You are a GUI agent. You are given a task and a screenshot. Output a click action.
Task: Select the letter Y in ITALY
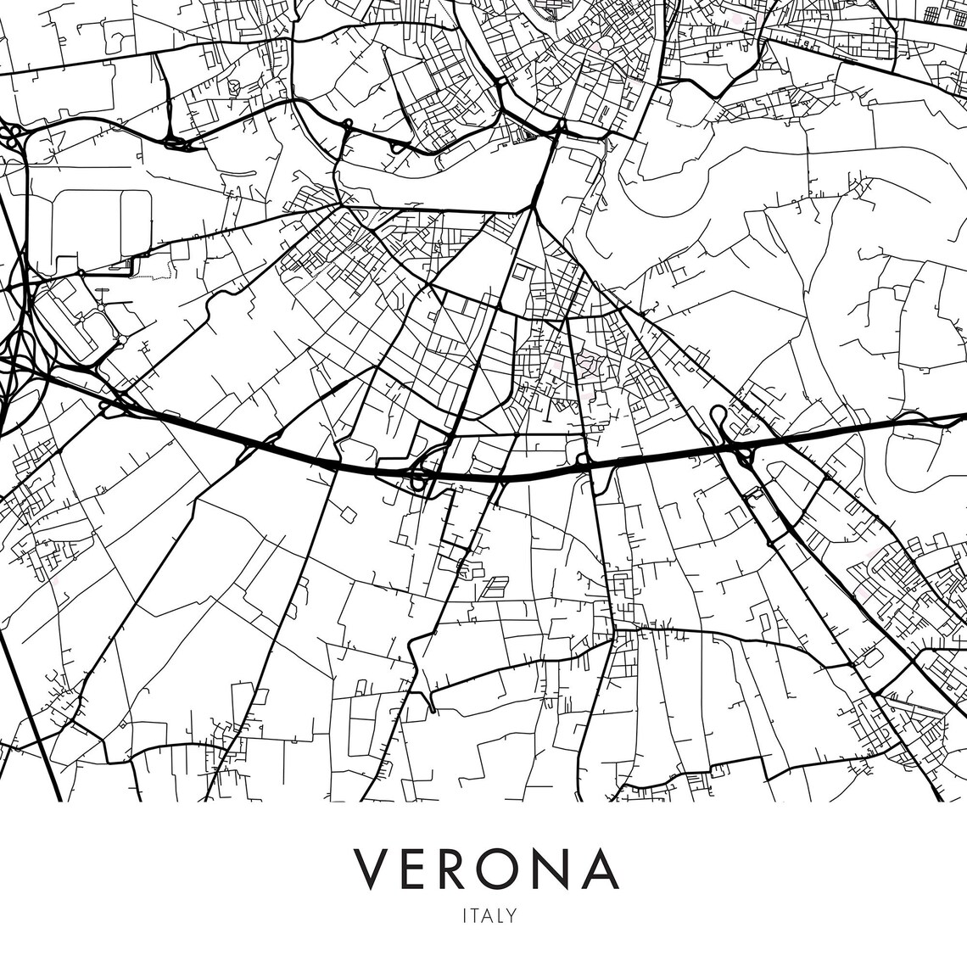click(x=511, y=915)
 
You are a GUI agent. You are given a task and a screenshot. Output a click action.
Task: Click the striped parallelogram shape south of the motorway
click(x=494, y=586)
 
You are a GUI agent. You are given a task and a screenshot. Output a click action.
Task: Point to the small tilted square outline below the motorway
click(x=348, y=513)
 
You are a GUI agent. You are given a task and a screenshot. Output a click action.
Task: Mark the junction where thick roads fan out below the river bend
click(x=534, y=206)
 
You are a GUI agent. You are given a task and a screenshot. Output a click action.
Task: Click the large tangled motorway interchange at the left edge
click(x=17, y=339)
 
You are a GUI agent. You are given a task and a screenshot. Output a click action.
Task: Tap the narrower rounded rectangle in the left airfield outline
click(x=136, y=222)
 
